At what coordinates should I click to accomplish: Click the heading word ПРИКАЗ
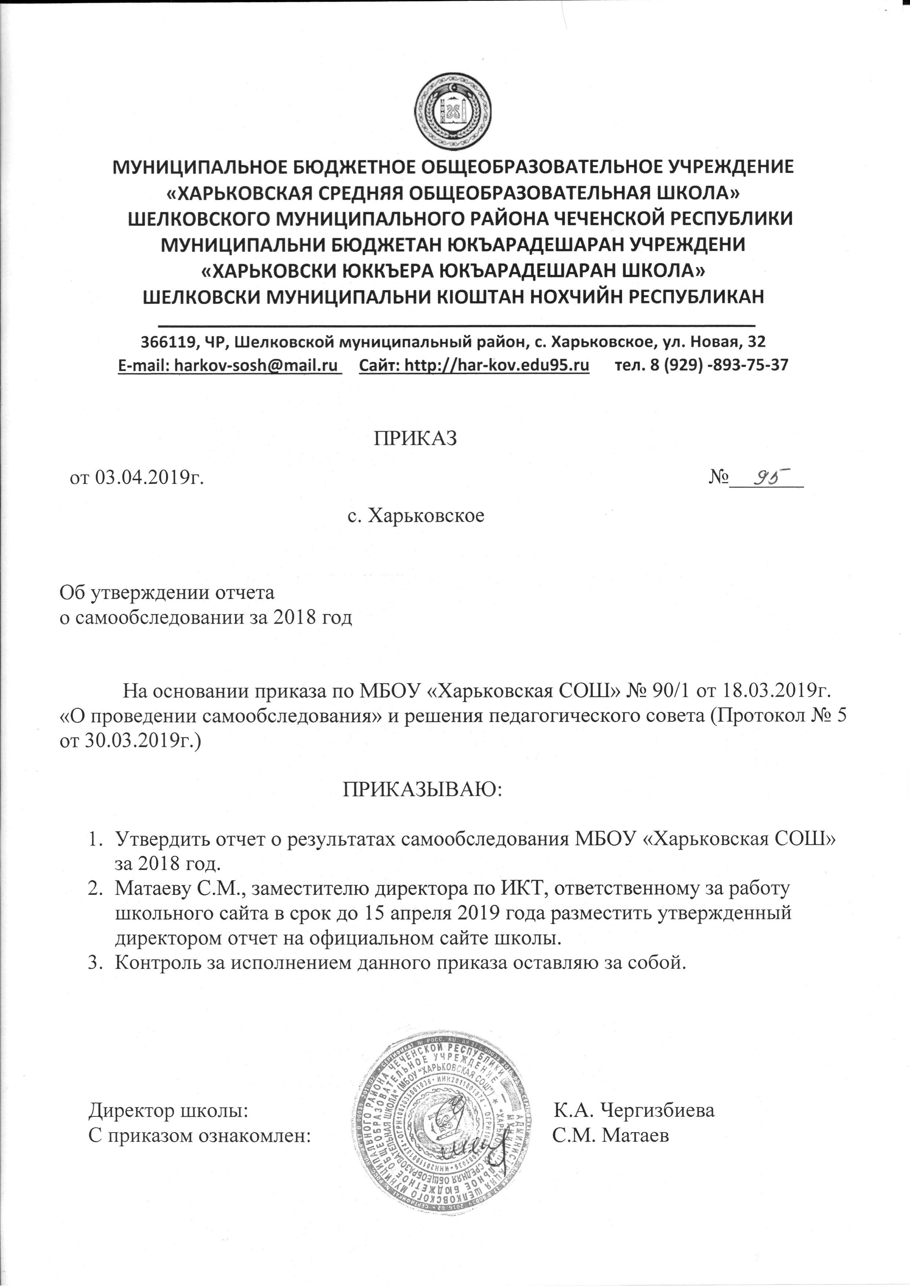tap(415, 439)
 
